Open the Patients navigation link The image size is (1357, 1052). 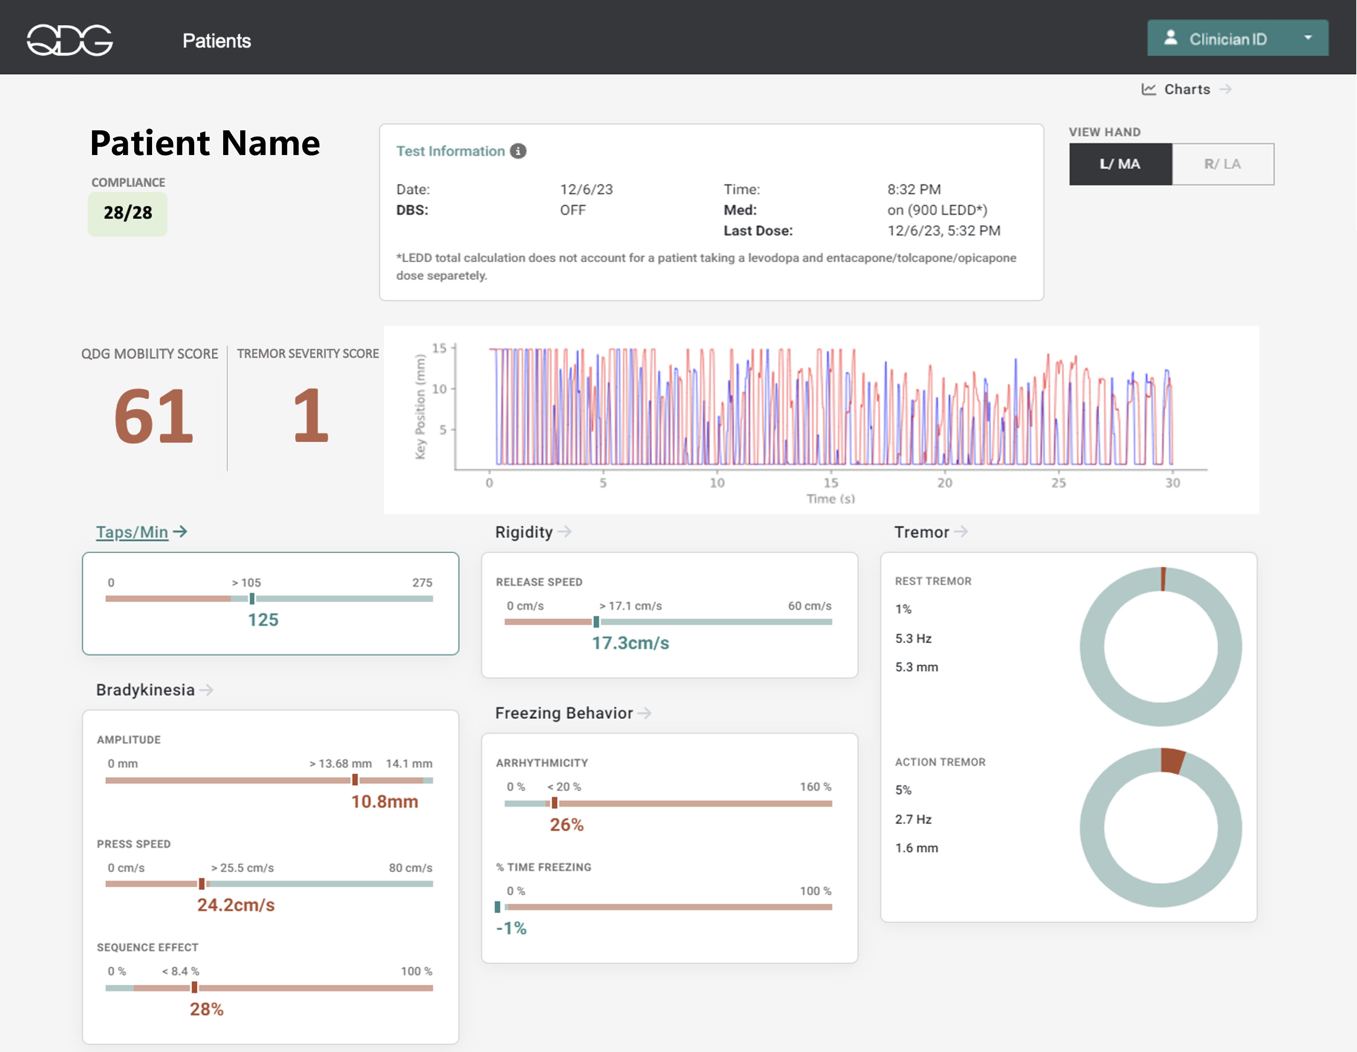tap(216, 40)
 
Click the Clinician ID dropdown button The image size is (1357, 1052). tap(1237, 38)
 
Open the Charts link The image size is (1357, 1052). tap(1186, 89)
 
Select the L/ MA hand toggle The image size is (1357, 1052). tap(1120, 164)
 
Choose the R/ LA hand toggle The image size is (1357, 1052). tap(1222, 164)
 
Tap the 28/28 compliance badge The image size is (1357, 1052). tap(127, 213)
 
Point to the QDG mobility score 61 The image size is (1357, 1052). tap(153, 415)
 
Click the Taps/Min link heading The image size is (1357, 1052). tap(132, 532)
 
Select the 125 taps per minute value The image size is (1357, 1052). tap(263, 620)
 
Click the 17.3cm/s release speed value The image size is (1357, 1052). tap(630, 643)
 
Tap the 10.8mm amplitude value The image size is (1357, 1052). tap(384, 802)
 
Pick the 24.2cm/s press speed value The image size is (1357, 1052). tap(236, 905)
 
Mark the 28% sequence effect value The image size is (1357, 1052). tap(206, 1009)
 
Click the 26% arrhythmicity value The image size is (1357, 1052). tap(566, 825)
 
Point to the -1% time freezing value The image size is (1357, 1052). tap(511, 928)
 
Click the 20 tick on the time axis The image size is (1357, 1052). tap(944, 483)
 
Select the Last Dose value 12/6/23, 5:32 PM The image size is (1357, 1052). tap(943, 230)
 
